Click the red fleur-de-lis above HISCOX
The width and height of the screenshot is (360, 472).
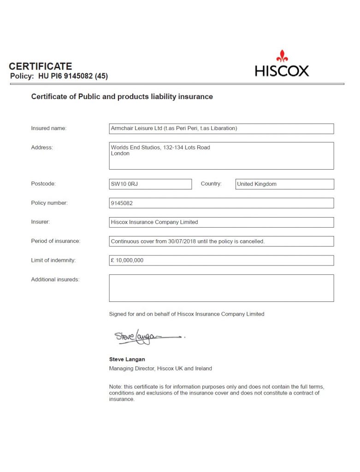click(x=282, y=56)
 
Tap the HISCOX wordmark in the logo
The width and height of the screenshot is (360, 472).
click(x=282, y=71)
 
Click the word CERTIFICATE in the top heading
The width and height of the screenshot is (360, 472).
click(x=41, y=66)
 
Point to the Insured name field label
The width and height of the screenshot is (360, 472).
click(x=49, y=128)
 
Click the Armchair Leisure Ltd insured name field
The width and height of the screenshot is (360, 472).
click(x=221, y=129)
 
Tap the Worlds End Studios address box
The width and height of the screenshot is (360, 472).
click(x=221, y=155)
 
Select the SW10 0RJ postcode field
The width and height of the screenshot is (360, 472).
click(x=150, y=184)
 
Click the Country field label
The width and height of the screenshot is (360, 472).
click(x=211, y=183)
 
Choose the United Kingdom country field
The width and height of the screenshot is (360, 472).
click(x=284, y=184)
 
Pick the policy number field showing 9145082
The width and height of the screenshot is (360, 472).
click(x=221, y=203)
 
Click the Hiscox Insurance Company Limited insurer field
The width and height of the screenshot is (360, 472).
click(x=221, y=222)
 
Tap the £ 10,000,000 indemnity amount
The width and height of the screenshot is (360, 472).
click(x=127, y=260)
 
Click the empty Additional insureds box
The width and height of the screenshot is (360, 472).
click(x=221, y=288)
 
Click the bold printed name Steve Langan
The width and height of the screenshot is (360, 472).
click(x=127, y=359)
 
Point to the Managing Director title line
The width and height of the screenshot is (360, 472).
click(x=160, y=368)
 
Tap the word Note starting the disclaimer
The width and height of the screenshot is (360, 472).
click(x=115, y=386)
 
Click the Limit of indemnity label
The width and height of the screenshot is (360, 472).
click(x=53, y=260)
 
